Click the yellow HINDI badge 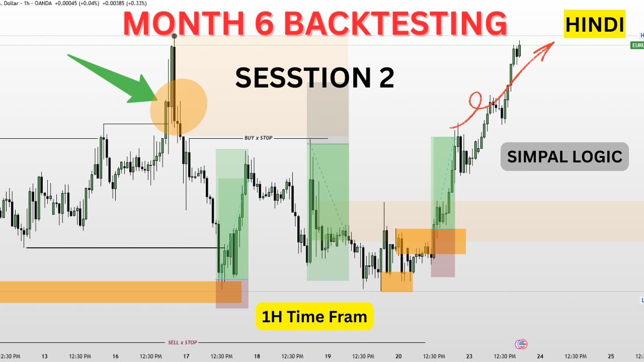coord(594,24)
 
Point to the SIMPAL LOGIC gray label coord(565,156)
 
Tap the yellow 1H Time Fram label coord(314,316)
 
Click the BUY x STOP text coord(258,138)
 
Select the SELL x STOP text coord(182,342)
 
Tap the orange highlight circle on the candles coord(179,107)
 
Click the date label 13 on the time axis coord(44,356)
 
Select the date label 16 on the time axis coord(115,356)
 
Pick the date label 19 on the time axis coord(328,356)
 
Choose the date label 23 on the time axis coord(469,356)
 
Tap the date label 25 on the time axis coord(611,356)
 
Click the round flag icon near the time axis coord(521,344)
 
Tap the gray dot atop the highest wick coord(174,36)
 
